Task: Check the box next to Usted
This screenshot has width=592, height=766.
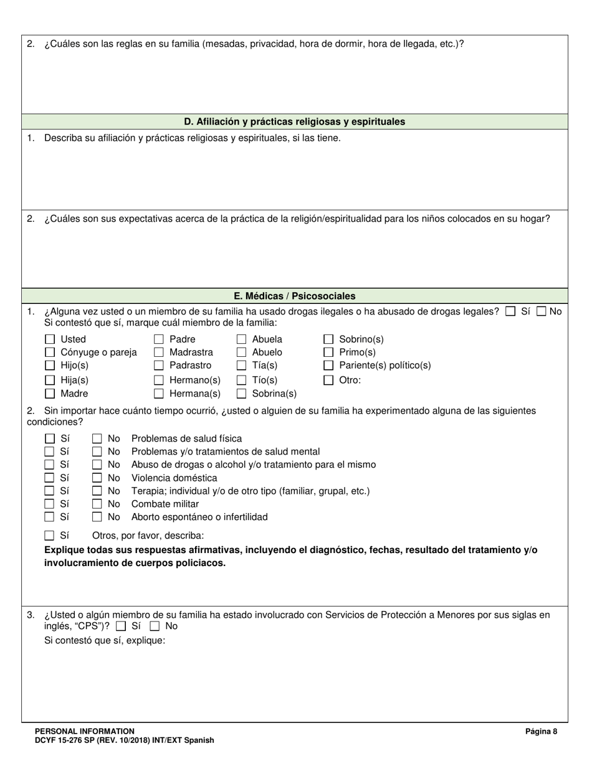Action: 50,339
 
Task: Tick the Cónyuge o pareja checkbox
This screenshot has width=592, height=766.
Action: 50,352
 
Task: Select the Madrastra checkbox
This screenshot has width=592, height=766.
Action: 159,352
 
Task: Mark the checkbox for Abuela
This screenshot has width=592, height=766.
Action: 241,339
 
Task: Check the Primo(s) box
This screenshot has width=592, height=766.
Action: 328,352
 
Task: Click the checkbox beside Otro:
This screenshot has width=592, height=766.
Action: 328,380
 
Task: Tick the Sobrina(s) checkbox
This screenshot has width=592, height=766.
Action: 241,394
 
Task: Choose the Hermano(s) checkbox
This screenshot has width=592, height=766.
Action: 159,380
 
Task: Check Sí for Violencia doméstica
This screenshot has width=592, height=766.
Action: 50,478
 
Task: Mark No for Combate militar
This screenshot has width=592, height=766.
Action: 97,504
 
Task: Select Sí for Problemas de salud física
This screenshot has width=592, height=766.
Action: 50,439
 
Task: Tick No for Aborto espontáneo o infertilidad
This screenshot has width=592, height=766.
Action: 97,517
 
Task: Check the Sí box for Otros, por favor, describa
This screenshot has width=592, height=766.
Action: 50,536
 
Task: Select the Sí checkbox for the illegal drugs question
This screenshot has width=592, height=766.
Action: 510,312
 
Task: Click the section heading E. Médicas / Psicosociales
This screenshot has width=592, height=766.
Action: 295,296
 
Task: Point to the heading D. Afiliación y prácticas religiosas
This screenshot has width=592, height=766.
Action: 295,122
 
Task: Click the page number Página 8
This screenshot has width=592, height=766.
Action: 541,732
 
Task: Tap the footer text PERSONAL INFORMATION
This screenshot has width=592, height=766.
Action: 85,731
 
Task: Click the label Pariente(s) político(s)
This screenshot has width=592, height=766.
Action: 384,366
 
